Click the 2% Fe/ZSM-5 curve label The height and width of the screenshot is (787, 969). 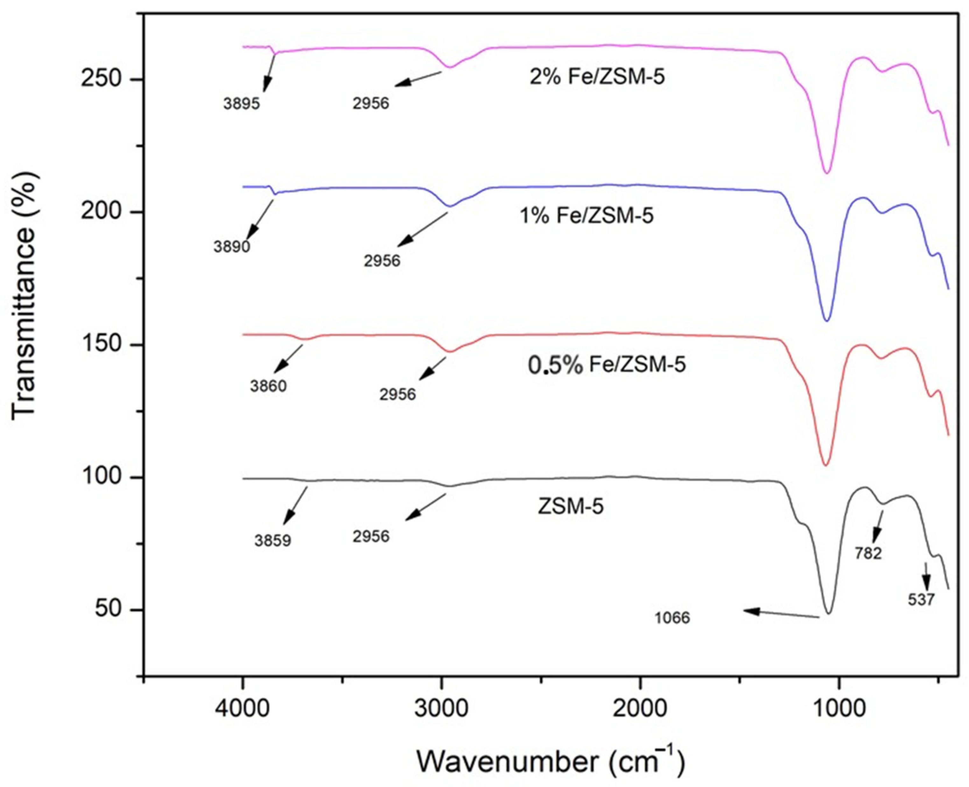click(x=597, y=77)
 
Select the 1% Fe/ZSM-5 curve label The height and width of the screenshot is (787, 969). click(x=586, y=216)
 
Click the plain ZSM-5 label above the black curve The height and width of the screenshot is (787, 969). click(x=570, y=506)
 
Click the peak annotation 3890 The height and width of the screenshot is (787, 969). click(x=232, y=247)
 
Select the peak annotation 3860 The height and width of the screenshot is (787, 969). click(x=268, y=386)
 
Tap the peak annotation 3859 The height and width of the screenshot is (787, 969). click(x=272, y=541)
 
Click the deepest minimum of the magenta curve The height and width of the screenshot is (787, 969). click(x=827, y=173)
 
